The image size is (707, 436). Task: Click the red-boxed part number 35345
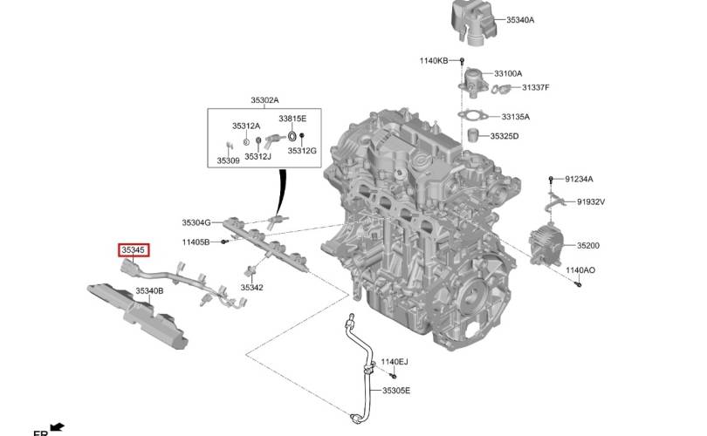pyautogui.click(x=134, y=250)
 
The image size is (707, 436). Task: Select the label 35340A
pyautogui.click(x=520, y=20)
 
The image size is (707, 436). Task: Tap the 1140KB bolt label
pyautogui.click(x=434, y=60)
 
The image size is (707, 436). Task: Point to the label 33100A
pyautogui.click(x=508, y=73)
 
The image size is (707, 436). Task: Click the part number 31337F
pyautogui.click(x=536, y=87)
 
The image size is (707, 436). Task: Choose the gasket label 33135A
pyautogui.click(x=516, y=117)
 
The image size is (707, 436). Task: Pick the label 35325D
pyautogui.click(x=505, y=136)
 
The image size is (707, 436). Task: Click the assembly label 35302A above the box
pyautogui.click(x=264, y=100)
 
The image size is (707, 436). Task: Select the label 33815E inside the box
pyautogui.click(x=292, y=119)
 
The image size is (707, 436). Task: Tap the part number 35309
pyautogui.click(x=228, y=160)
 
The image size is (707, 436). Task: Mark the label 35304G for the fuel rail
pyautogui.click(x=196, y=222)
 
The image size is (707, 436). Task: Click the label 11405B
pyautogui.click(x=196, y=242)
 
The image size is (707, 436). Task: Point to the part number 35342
pyautogui.click(x=251, y=288)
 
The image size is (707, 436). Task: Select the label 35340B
pyautogui.click(x=150, y=291)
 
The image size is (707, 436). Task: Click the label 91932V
pyautogui.click(x=591, y=201)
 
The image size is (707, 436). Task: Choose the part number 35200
pyautogui.click(x=588, y=246)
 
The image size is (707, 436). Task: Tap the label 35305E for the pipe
pyautogui.click(x=396, y=391)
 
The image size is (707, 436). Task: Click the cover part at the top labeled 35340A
pyautogui.click(x=473, y=21)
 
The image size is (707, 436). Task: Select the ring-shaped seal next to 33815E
pyautogui.click(x=292, y=136)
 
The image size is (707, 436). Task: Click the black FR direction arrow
pyautogui.click(x=58, y=426)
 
